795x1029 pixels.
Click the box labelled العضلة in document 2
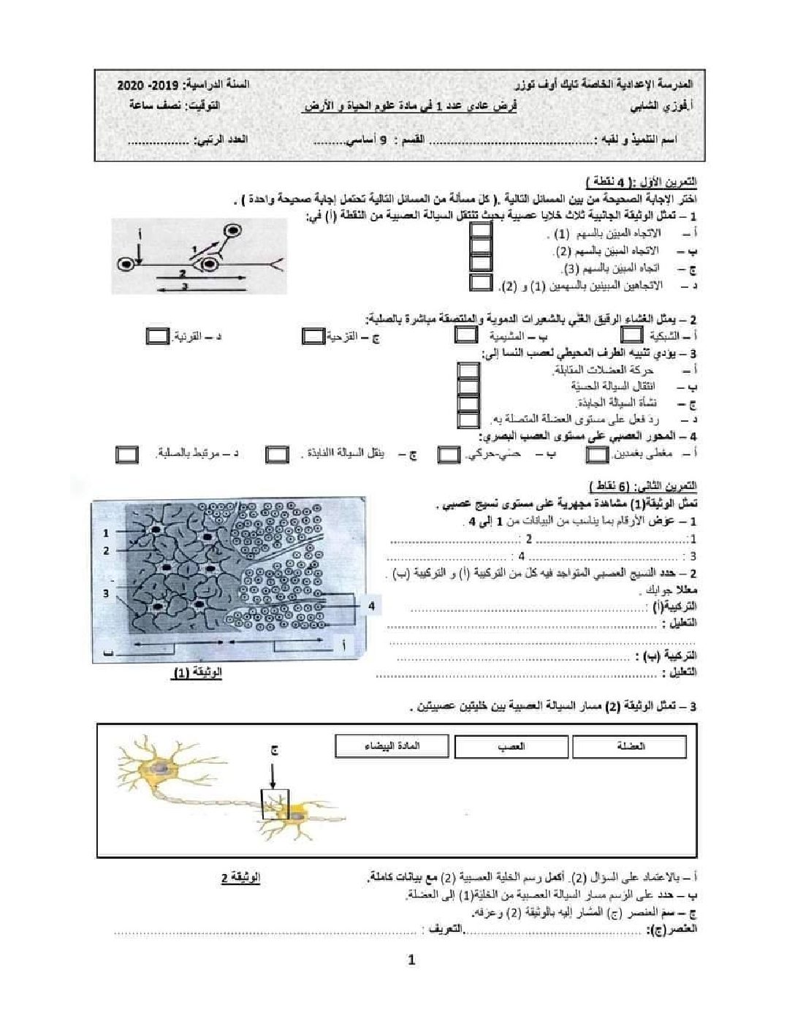[x=630, y=747]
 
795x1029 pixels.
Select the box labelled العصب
[x=511, y=747]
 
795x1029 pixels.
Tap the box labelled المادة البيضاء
[x=392, y=746]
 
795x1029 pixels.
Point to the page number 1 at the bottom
[x=411, y=960]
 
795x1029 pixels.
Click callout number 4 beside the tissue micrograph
[x=371, y=606]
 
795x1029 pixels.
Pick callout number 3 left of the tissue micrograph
[x=106, y=593]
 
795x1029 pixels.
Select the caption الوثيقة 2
[x=240, y=876]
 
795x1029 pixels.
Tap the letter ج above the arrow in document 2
[x=275, y=751]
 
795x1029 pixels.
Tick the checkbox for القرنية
[x=157, y=336]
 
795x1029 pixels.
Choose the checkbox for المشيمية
[x=466, y=335]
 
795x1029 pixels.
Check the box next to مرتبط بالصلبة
[x=127, y=454]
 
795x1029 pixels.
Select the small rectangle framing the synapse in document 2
[x=275, y=803]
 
